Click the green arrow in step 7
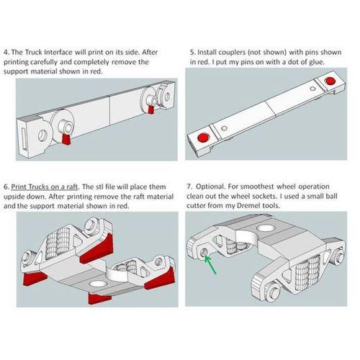point(211,264)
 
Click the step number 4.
point(6,52)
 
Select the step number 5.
point(192,52)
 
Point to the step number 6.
point(6,186)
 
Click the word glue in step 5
point(317,62)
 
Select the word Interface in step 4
point(58,52)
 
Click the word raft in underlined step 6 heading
point(72,186)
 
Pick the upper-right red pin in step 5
point(330,81)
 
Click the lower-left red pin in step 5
point(203,138)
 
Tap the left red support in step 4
point(66,139)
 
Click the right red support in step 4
point(150,109)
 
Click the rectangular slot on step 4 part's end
point(24,139)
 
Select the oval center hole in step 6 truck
point(98,284)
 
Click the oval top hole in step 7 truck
point(266,228)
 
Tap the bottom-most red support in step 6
point(99,298)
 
